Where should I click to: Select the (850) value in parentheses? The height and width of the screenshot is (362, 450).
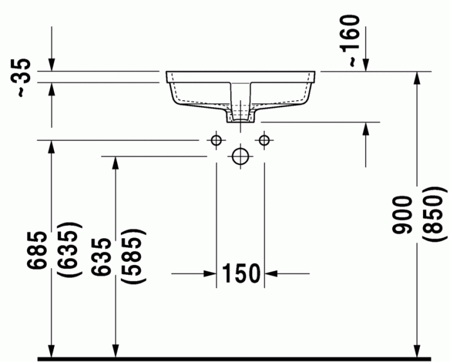433,215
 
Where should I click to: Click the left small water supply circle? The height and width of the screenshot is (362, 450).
217,139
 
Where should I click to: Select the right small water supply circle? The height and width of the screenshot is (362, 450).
264,139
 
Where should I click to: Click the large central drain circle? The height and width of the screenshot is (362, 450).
240,156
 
